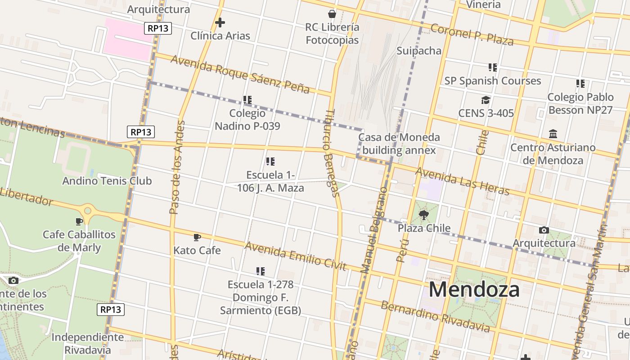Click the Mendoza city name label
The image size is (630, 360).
coord(474,289)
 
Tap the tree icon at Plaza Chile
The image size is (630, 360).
coord(423,215)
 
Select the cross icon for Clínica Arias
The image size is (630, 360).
coord(220,22)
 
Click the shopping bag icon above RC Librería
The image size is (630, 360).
coord(332,14)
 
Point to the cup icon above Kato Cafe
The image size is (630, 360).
coord(197,237)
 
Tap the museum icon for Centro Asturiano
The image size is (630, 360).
coord(553,134)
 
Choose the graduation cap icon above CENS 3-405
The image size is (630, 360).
coord(486,100)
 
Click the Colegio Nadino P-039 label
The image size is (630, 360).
coord(247,120)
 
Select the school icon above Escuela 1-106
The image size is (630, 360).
coord(270,161)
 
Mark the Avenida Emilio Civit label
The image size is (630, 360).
coord(295,256)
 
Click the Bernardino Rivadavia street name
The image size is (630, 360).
coord(435,316)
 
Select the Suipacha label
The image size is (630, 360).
coord(419,50)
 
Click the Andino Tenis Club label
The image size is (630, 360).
coord(107,181)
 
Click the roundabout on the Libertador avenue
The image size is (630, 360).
coord(88,210)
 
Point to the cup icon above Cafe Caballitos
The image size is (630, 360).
coord(79,221)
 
